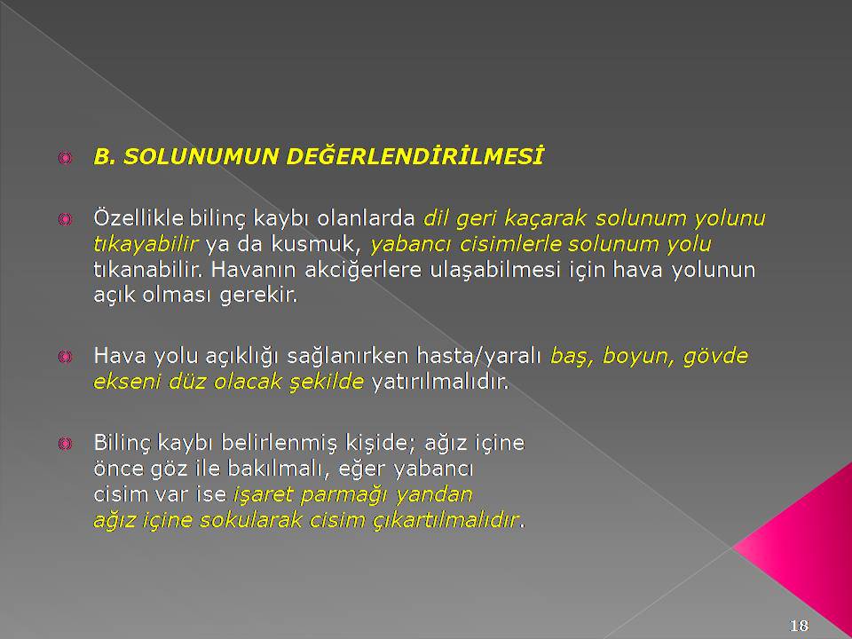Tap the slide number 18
[799, 626]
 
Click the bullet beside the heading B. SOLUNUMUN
[65, 158]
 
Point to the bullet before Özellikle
[65, 219]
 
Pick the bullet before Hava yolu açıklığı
[65, 357]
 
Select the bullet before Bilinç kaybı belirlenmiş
[65, 444]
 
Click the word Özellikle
[138, 218]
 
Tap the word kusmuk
[316, 245]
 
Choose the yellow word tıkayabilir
[146, 245]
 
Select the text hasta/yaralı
[478, 357]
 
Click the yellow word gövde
[715, 357]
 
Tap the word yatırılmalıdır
[439, 382]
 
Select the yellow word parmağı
[344, 496]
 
